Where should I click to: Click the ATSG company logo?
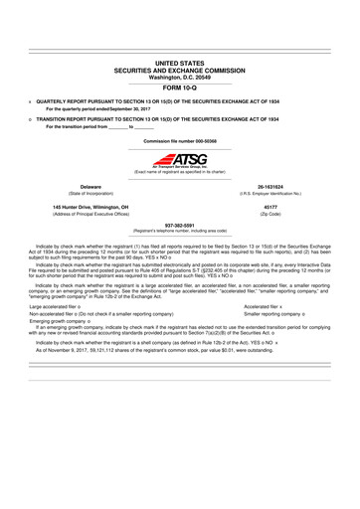(x=180, y=160)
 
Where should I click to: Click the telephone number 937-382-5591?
(x=179, y=224)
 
